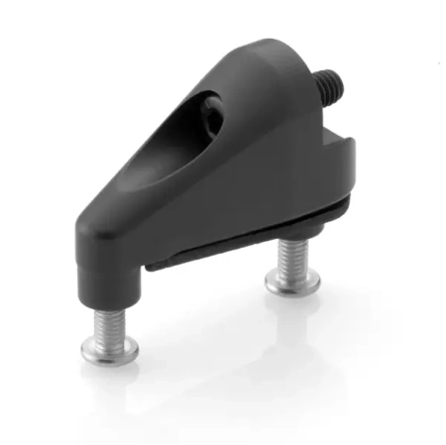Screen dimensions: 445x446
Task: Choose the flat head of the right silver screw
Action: pyautogui.click(x=291, y=284)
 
